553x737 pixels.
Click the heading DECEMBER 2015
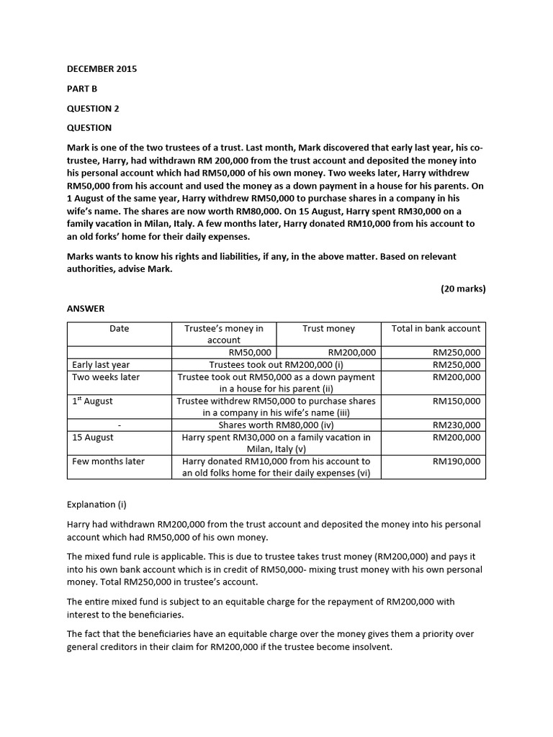(102, 69)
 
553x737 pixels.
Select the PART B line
(81, 89)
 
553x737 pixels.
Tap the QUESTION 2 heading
(93, 108)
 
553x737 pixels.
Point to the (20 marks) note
(463, 289)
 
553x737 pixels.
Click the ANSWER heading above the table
(86, 308)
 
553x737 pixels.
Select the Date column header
(120, 328)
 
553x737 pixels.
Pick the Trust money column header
(328, 328)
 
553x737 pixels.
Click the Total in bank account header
(436, 328)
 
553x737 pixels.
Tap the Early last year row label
(101, 365)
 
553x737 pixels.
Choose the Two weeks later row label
(106, 377)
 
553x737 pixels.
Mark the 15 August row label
(93, 437)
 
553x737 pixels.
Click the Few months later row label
(108, 461)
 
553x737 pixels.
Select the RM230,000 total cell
(456, 425)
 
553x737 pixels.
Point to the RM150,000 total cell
(456, 401)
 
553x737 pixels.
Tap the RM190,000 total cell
(456, 461)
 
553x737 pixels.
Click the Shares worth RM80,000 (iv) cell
(276, 425)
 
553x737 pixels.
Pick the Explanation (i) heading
(96, 505)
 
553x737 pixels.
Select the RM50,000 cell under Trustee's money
(249, 353)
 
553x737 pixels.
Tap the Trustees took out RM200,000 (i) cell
(276, 365)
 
